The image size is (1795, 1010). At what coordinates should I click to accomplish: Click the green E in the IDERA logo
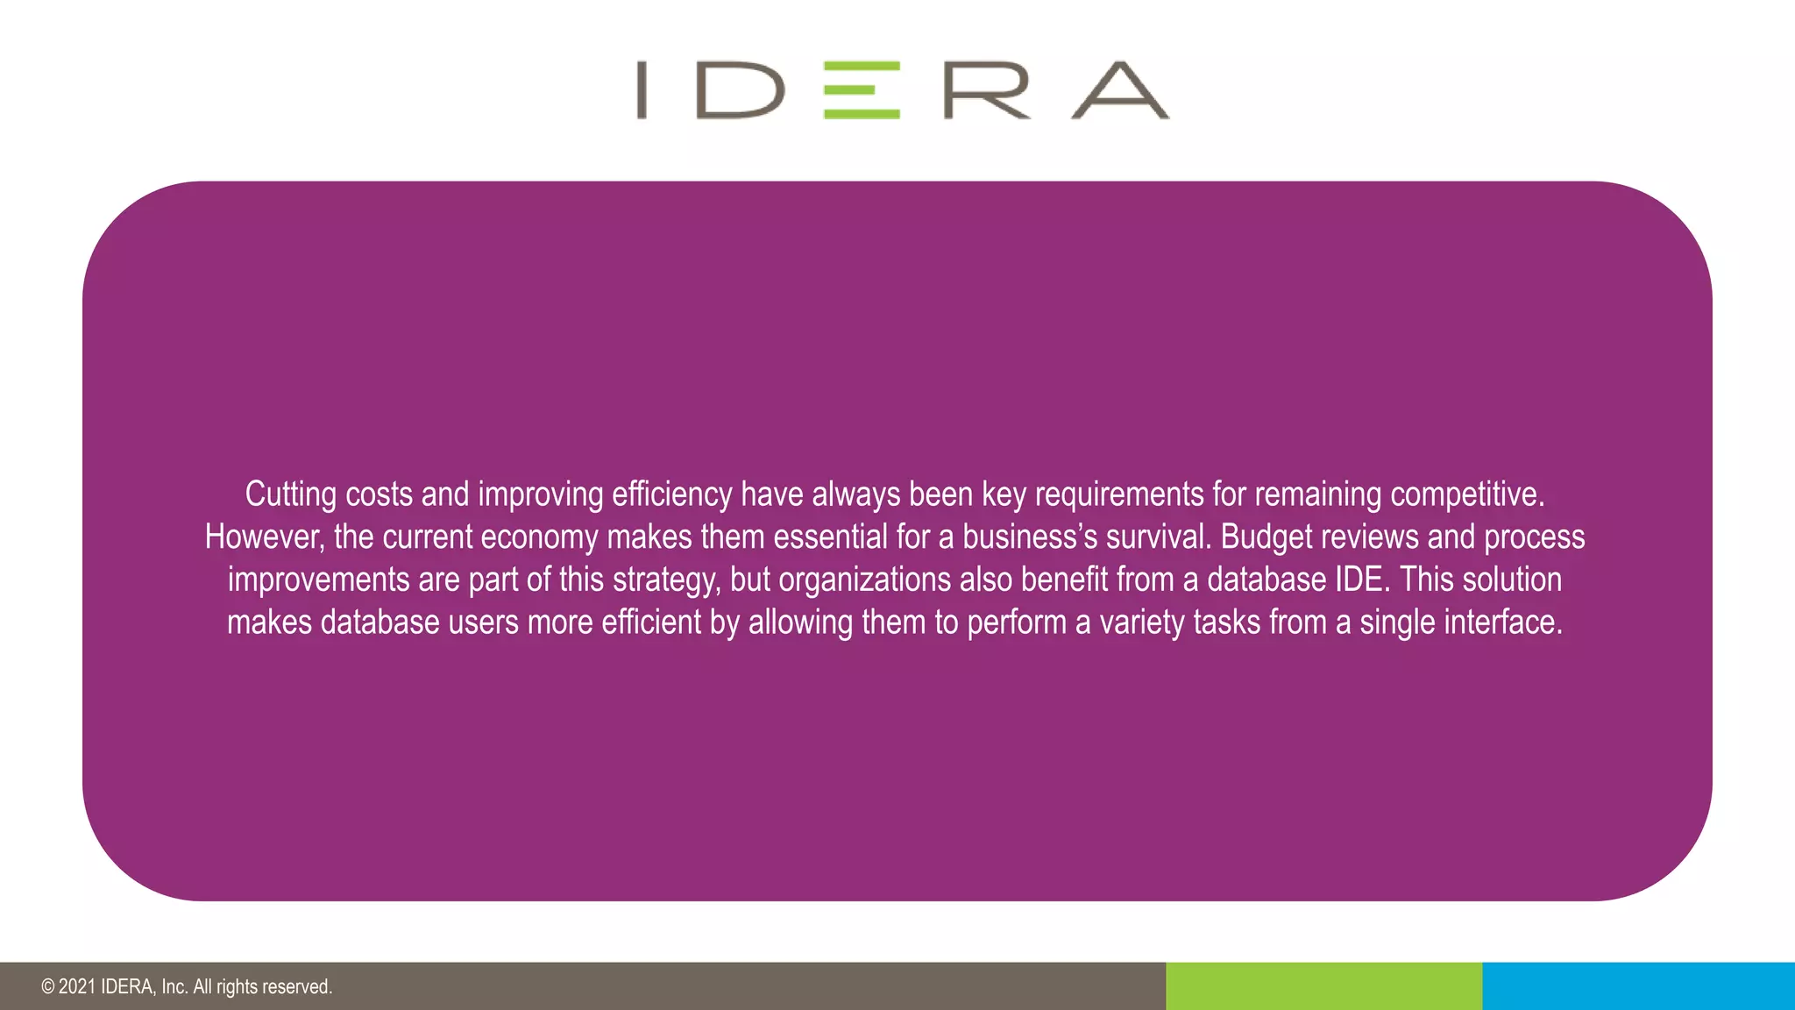click(x=862, y=89)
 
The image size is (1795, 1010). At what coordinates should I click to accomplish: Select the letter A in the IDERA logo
click(x=1120, y=89)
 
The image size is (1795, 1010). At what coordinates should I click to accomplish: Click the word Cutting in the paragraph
click(x=290, y=494)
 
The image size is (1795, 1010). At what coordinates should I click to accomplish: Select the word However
click(x=264, y=537)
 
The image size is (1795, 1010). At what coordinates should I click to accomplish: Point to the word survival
click(x=1158, y=537)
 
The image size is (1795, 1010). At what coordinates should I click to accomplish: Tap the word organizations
click(x=864, y=580)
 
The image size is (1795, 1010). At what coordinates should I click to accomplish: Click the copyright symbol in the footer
click(x=47, y=987)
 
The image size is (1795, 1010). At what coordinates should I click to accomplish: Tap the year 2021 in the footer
click(x=77, y=987)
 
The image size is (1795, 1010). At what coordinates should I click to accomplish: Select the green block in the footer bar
click(x=1323, y=986)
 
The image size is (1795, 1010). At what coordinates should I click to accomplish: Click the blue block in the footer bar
click(x=1638, y=986)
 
